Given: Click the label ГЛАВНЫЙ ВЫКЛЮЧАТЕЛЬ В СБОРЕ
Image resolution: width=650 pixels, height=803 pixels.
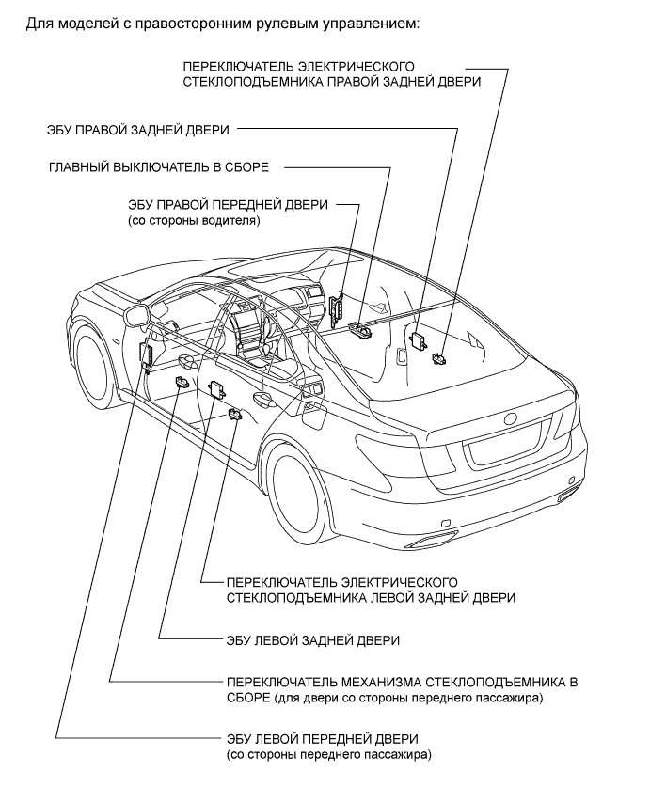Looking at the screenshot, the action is click(159, 167).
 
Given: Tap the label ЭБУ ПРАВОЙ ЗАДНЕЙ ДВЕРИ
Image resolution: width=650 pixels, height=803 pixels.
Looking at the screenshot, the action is click(137, 130).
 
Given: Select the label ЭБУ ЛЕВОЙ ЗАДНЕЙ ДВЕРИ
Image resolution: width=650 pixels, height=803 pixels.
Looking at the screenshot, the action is click(313, 640).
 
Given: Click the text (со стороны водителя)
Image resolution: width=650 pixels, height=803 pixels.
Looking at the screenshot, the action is click(194, 221).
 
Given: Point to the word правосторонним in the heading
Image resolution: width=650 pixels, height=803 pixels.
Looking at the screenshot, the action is click(195, 24).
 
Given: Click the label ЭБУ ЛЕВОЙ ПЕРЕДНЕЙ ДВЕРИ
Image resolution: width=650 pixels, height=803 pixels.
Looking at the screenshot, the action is click(323, 739).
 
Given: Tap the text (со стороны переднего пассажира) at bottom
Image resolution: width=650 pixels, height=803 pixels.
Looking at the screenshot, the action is click(329, 754).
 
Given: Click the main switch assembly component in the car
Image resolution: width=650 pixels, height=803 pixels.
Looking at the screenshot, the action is click(360, 329).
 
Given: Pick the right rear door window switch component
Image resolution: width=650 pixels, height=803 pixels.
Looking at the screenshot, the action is click(439, 358).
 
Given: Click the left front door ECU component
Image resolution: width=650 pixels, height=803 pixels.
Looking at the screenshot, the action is click(148, 356).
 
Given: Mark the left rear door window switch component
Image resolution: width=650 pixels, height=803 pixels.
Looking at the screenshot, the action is click(235, 414).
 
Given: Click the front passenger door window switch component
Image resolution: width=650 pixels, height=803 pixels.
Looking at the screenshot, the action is click(182, 382).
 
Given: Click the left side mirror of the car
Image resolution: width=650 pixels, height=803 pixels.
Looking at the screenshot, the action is click(136, 314).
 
